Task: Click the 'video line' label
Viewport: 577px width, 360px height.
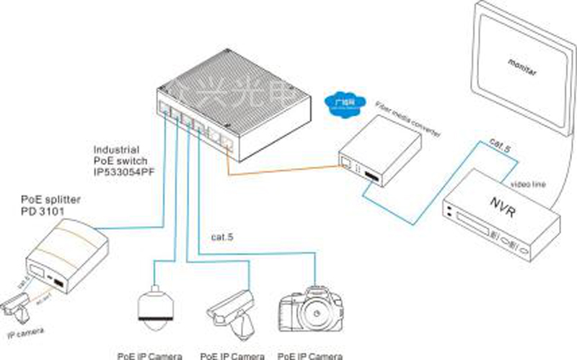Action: (529, 184)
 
